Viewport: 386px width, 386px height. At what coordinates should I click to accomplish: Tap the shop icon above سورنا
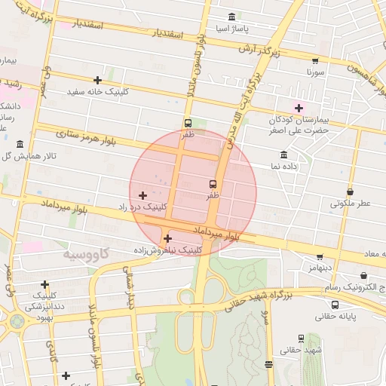315,61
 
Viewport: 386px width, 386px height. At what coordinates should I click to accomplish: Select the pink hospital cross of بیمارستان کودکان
299,108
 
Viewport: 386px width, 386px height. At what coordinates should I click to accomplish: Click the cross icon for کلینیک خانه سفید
97,80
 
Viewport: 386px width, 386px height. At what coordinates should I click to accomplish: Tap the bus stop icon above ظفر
188,123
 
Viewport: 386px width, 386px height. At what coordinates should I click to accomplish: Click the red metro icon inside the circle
213,183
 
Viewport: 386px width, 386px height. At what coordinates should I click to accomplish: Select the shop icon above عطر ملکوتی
350,191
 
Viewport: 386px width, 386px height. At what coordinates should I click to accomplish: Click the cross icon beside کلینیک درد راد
142,195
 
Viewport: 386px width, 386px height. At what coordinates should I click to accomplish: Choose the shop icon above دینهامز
320,256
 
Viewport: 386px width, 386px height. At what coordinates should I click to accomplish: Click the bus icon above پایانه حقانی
335,305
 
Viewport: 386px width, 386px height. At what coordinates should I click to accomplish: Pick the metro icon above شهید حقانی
301,339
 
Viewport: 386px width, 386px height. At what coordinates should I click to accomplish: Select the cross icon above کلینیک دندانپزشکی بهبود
45,285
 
